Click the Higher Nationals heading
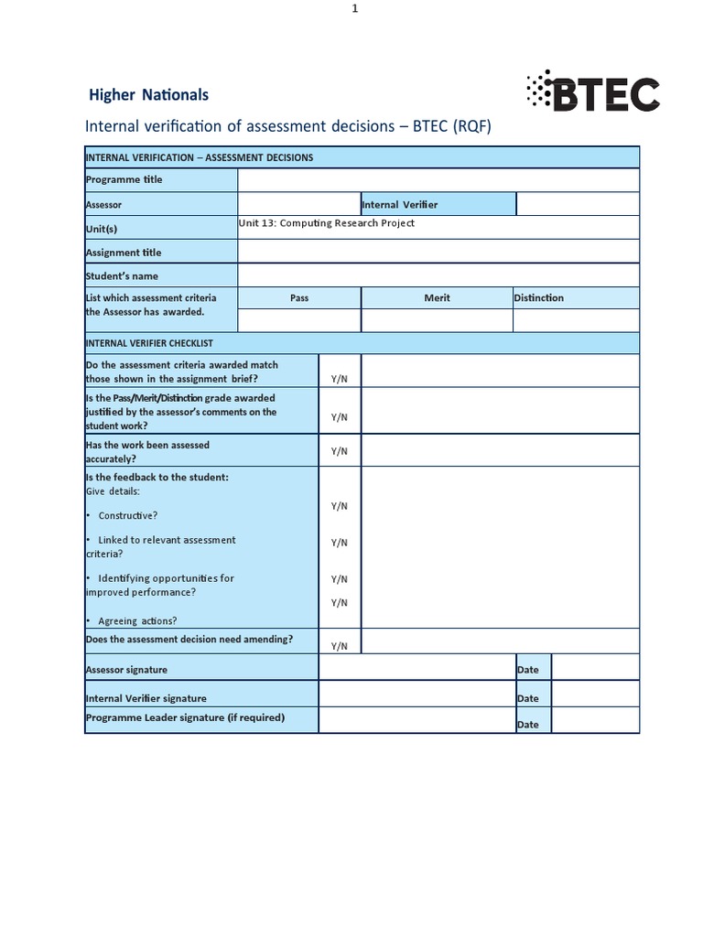coord(148,95)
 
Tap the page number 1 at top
coord(354,8)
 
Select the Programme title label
coord(124,180)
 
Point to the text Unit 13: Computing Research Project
coord(327,223)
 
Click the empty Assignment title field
coord(438,252)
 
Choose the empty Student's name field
coord(438,275)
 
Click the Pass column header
coord(299,298)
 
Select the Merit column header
coord(437,298)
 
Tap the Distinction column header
coord(540,298)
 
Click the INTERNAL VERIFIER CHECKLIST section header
coord(149,343)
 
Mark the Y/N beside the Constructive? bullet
coord(340,506)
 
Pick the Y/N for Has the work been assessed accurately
coord(340,451)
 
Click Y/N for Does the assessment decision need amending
coord(340,646)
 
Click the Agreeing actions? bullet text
coord(137,621)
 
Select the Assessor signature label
coord(127,670)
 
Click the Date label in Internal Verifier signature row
coord(528,698)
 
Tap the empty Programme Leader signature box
coord(416,720)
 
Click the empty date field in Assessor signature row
coord(595,668)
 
